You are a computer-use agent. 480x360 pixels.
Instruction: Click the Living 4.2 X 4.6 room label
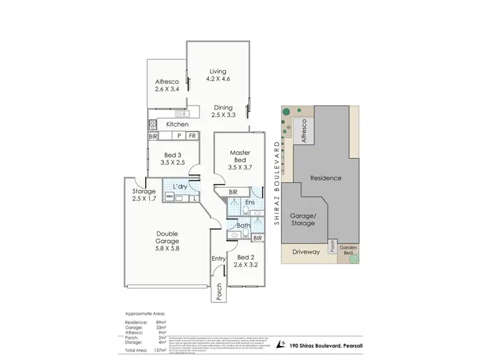click(218, 75)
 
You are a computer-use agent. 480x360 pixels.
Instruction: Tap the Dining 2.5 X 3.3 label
click(223, 111)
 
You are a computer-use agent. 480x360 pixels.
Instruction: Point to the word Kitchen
click(177, 124)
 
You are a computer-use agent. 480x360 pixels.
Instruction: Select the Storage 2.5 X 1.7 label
click(144, 195)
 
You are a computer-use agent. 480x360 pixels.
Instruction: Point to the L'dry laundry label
click(180, 186)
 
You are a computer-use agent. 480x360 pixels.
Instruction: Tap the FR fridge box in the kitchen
click(192, 136)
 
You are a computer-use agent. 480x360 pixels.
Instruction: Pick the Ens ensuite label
click(247, 203)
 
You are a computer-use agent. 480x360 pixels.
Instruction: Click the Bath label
click(244, 225)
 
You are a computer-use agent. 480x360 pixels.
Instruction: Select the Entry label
click(219, 258)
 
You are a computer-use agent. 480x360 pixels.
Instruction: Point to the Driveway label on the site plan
click(305, 252)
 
